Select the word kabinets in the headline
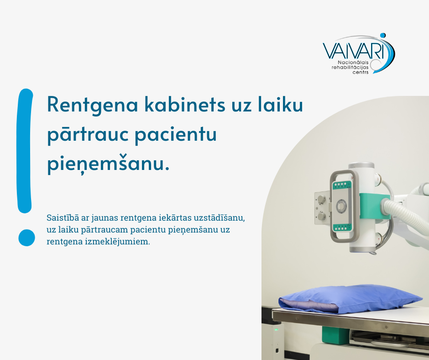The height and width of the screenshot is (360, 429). pyautogui.click(x=185, y=104)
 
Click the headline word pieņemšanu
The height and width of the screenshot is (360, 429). pyautogui.click(x=108, y=164)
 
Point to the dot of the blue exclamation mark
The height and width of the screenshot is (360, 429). pyautogui.click(x=26, y=238)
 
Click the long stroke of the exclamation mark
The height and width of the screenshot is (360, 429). pyautogui.click(x=25, y=151)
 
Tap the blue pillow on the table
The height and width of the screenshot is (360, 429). pyautogui.click(x=350, y=299)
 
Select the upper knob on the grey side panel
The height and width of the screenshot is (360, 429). pyautogui.click(x=321, y=199)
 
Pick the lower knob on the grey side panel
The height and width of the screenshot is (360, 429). pyautogui.click(x=321, y=217)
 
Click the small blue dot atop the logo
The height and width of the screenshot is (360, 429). pyautogui.click(x=383, y=35)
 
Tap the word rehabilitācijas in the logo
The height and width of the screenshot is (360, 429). pyautogui.click(x=350, y=68)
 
